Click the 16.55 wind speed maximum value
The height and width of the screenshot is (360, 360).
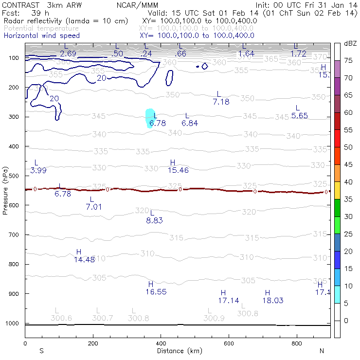tap(156, 292)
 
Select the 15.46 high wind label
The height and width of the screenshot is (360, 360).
tap(178, 170)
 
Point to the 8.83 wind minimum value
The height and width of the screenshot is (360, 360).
tap(154, 220)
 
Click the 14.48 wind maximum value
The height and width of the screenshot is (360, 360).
tap(84, 260)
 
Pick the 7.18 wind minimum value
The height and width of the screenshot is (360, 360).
tap(221, 102)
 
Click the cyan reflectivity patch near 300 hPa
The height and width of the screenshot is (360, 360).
tap(150, 118)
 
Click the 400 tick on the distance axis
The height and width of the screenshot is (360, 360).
tap(161, 343)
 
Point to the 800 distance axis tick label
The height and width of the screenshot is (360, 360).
tap(297, 343)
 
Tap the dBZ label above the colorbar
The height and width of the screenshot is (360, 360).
tap(350, 44)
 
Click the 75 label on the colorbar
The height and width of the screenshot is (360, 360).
tap(348, 61)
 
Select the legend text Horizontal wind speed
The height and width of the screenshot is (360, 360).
tap(42, 36)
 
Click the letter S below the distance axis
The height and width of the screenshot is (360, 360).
tap(42, 351)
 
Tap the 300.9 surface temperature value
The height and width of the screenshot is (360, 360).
tap(214, 319)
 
